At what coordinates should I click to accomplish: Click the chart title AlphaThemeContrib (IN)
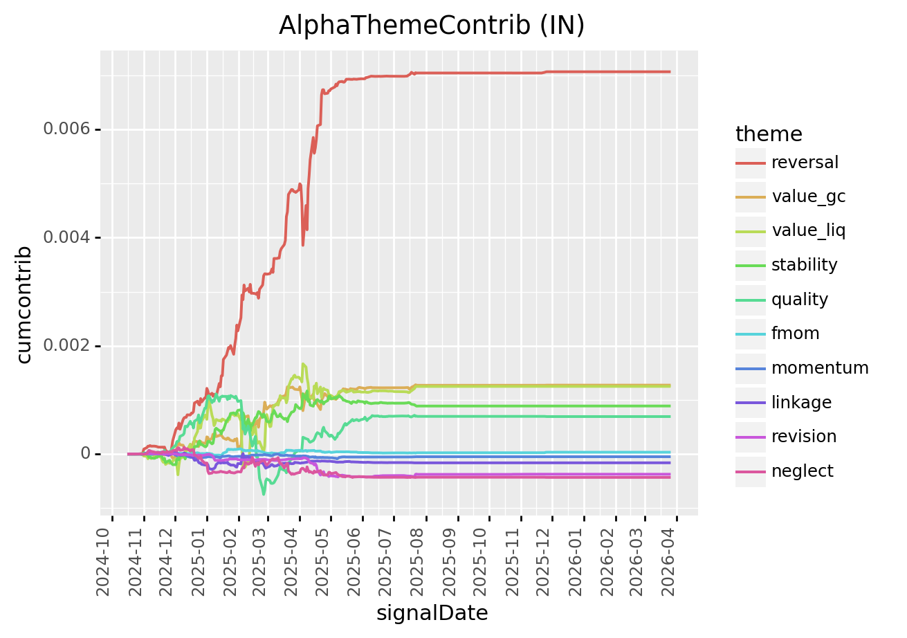coord(432,25)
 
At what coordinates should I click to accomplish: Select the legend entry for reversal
coord(805,163)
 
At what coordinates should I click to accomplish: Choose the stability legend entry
coord(804,265)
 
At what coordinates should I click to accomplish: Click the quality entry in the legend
coord(800,300)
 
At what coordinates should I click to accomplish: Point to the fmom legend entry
coord(795,334)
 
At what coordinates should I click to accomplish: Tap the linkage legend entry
coord(801,402)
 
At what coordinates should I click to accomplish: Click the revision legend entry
coord(803,437)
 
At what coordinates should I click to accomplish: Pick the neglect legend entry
coord(802,471)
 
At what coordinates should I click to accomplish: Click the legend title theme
coord(769,134)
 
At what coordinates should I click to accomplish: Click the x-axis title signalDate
coord(432,613)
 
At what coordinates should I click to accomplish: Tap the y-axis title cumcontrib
coord(24,304)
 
